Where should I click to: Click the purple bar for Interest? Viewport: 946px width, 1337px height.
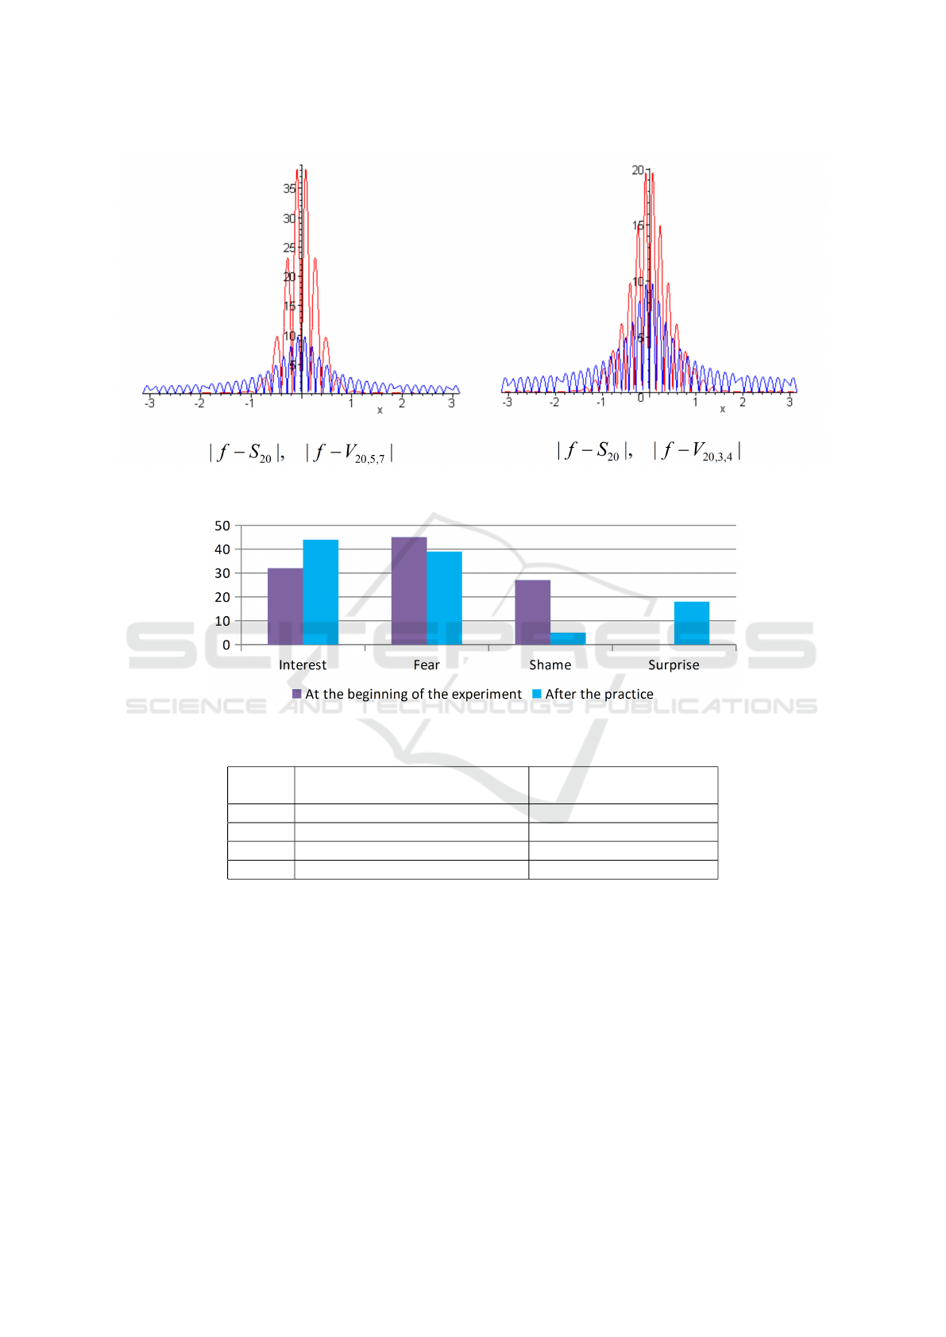pyautogui.click(x=285, y=606)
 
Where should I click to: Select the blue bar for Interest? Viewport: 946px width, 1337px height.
pyautogui.click(x=320, y=591)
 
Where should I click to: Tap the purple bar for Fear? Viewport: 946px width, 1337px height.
pyautogui.click(x=409, y=591)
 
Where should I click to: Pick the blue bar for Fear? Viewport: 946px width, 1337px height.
pyautogui.click(x=444, y=598)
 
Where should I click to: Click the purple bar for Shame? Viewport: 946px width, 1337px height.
pyautogui.click(x=532, y=612)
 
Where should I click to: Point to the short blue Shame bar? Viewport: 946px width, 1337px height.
pyautogui.click(x=568, y=638)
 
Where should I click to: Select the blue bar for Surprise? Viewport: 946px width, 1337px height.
pyautogui.click(x=692, y=623)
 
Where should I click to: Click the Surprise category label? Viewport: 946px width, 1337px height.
pyautogui.click(x=674, y=665)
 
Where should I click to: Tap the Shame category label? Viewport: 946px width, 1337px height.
pyautogui.click(x=550, y=665)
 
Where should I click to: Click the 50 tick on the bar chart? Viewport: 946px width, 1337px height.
pyautogui.click(x=222, y=526)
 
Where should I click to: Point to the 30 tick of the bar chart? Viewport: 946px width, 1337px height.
pyautogui.click(x=222, y=573)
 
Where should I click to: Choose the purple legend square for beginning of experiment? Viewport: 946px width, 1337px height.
pyautogui.click(x=297, y=694)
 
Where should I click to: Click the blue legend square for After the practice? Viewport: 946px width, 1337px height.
pyautogui.click(x=537, y=694)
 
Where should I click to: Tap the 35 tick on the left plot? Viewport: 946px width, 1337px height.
pyautogui.click(x=289, y=188)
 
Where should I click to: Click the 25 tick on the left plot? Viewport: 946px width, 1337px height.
pyautogui.click(x=289, y=248)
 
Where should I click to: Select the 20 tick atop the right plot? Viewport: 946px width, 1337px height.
pyautogui.click(x=638, y=170)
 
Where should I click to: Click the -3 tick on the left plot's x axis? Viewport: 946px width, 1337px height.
pyautogui.click(x=149, y=403)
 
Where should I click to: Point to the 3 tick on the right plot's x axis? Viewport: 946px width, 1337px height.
pyautogui.click(x=790, y=403)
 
